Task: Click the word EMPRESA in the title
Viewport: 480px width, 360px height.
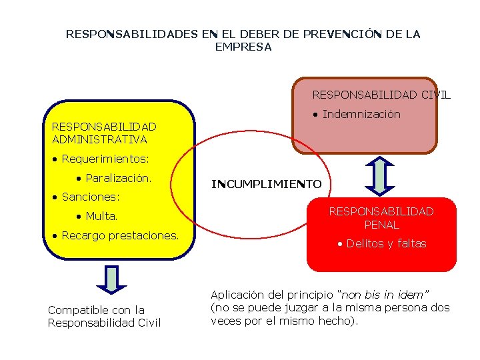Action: [243, 47]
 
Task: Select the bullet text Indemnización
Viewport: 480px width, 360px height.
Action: [361, 114]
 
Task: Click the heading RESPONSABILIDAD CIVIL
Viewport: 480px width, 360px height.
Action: [381, 95]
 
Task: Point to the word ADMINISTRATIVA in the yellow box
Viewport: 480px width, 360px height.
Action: [99, 139]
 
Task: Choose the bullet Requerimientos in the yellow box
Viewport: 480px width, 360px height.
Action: [105, 159]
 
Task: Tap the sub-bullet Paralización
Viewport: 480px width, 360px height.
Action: [118, 178]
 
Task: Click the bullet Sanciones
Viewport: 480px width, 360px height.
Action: [90, 197]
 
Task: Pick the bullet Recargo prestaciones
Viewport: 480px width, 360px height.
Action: [120, 235]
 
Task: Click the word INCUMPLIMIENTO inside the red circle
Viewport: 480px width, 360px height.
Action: [266, 184]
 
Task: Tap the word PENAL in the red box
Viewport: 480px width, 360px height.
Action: [381, 225]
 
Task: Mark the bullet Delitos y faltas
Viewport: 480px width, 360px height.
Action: [386, 243]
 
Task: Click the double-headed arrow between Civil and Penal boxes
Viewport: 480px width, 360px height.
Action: [380, 175]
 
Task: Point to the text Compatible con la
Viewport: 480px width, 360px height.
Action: [96, 309]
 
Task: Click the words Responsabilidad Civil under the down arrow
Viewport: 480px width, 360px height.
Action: [104, 323]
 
